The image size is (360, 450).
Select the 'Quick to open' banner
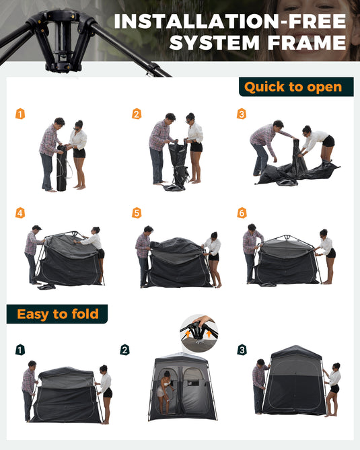click(295, 87)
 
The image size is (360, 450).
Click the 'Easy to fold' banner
click(57, 314)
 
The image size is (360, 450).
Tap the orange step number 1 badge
click(20, 114)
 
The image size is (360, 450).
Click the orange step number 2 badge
click(137, 114)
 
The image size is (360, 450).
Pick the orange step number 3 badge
click(242, 114)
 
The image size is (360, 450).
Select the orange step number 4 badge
click(20, 213)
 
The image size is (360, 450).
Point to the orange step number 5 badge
click(137, 213)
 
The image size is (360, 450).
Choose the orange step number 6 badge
click(242, 213)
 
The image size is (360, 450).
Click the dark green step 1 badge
click(20, 350)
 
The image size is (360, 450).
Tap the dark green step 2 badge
click(124, 350)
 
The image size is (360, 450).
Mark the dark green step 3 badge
click(242, 350)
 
